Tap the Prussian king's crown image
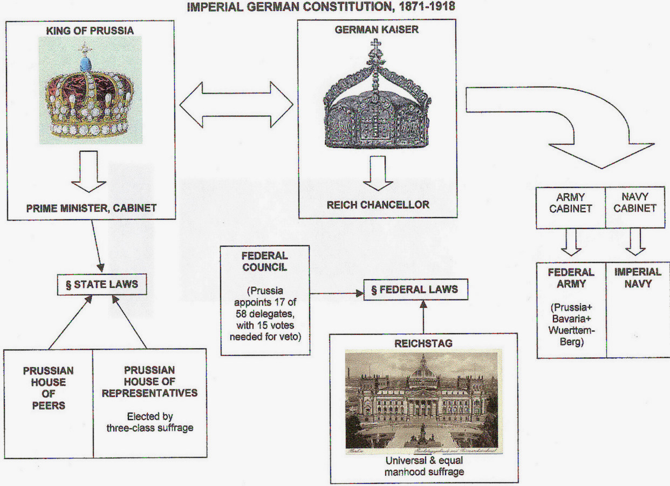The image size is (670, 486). pyautogui.click(x=90, y=92)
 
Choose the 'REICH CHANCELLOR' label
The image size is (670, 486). pyautogui.click(x=378, y=205)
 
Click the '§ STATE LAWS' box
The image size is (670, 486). pyautogui.click(x=101, y=285)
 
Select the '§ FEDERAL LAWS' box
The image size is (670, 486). pyautogui.click(x=414, y=289)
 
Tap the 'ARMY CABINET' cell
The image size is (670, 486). pyautogui.click(x=570, y=203)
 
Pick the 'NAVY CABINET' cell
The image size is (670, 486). pyautogui.click(x=635, y=203)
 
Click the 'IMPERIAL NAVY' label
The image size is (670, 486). pyautogui.click(x=637, y=278)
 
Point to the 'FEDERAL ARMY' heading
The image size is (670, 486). pyautogui.click(x=571, y=278)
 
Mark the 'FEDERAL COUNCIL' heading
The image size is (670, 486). pyautogui.click(x=265, y=261)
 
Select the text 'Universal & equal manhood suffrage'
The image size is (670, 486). pyautogui.click(x=423, y=467)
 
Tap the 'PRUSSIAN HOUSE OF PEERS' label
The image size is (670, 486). pyautogui.click(x=49, y=388)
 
